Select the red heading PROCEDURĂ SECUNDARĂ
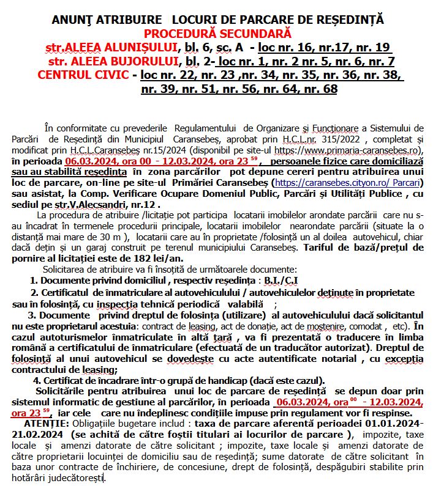[218, 33]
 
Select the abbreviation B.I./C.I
[282, 280]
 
